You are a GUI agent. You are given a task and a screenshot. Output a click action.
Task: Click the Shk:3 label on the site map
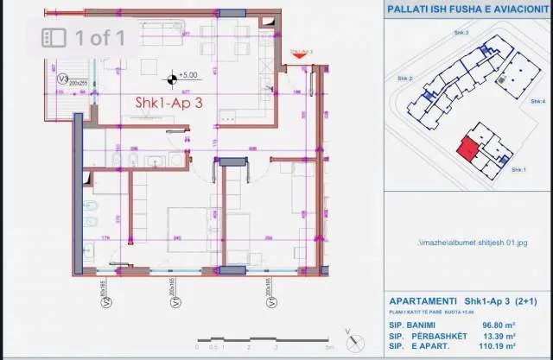tap(461, 33)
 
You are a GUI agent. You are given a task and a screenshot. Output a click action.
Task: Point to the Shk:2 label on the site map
tap(404, 79)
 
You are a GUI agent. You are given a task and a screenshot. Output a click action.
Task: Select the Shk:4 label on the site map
tap(537, 100)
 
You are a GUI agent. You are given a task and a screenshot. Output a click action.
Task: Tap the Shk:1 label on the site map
tap(518, 169)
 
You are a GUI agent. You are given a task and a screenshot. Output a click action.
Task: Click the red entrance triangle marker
tap(301, 58)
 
